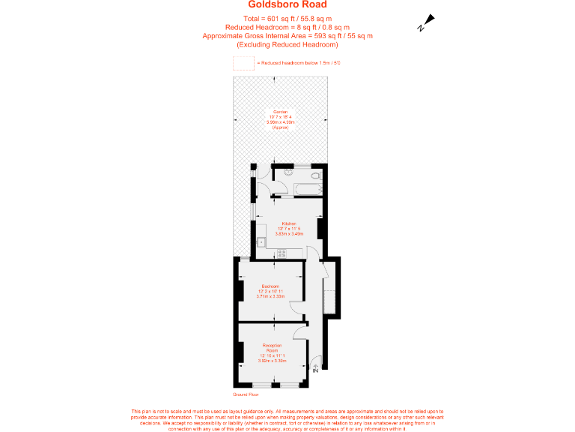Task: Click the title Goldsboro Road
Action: (x=287, y=4)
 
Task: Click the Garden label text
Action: (x=280, y=112)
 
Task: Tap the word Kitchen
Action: (x=290, y=224)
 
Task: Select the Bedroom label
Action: (x=270, y=286)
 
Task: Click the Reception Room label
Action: (x=271, y=348)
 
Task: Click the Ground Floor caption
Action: (x=246, y=393)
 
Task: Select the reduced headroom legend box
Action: (x=243, y=63)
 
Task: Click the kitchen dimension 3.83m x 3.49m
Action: (x=290, y=234)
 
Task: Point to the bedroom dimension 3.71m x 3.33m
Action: (x=270, y=296)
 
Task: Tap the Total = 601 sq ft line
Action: (x=287, y=18)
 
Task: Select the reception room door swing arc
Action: (x=300, y=331)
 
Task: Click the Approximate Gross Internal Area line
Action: (x=287, y=35)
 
